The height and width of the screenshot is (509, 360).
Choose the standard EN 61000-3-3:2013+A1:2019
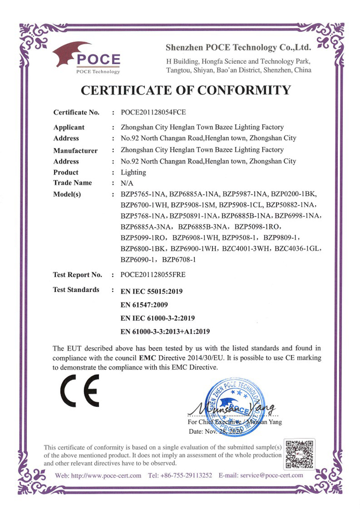pos(165,332)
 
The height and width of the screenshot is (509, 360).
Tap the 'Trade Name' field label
pos(72,183)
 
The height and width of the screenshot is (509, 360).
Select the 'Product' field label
pos(66,172)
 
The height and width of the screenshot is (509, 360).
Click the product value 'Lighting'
pos(133,172)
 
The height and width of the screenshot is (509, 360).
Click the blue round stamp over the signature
pos(235,403)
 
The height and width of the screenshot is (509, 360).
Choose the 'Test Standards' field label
pos(76,289)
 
